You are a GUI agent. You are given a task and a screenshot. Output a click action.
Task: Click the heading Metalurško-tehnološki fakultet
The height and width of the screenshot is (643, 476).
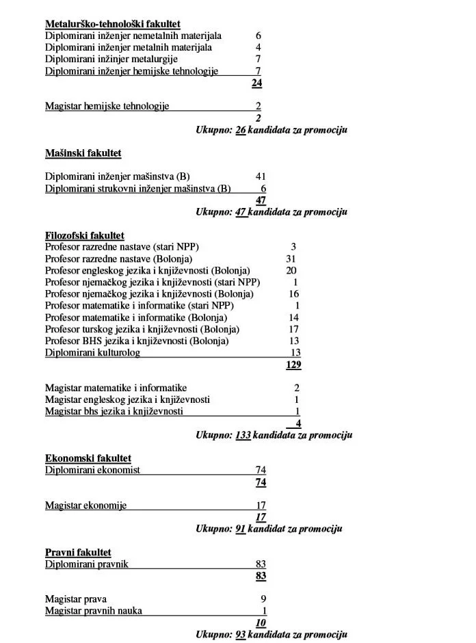tap(113, 24)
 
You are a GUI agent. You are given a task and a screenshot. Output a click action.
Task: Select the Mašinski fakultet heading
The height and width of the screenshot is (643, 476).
tap(83, 153)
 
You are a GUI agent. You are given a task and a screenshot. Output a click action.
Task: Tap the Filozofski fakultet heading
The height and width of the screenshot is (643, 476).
tap(85, 235)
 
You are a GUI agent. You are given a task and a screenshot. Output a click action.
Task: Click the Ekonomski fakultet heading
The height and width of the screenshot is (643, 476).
tap(88, 458)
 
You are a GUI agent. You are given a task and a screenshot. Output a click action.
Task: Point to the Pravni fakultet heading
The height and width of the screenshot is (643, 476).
tap(78, 552)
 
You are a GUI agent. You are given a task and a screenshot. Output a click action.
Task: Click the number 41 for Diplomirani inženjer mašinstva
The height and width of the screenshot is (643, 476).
tap(261, 176)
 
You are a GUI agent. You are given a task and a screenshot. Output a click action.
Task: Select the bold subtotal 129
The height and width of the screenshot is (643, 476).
tap(293, 365)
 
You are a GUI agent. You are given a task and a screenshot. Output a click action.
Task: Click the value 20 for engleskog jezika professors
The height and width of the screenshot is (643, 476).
tap(291, 271)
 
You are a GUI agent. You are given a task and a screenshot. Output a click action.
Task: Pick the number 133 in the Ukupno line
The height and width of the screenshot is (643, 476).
tap(243, 435)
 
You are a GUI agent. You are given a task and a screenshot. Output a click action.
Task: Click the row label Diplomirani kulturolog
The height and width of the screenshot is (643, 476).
tap(92, 353)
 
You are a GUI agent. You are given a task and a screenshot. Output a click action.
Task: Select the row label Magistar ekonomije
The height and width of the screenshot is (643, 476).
tap(85, 506)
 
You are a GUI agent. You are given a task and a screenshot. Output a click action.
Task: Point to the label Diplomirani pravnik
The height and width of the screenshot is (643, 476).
tap(87, 564)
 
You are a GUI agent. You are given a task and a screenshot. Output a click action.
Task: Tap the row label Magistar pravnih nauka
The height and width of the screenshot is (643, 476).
tap(94, 611)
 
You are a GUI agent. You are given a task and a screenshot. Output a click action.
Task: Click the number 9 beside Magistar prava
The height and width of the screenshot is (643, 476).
tap(263, 599)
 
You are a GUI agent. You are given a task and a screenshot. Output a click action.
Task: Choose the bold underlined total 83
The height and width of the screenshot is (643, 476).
tap(261, 576)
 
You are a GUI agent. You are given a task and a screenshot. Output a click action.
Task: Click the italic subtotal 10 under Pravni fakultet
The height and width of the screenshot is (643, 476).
tap(261, 622)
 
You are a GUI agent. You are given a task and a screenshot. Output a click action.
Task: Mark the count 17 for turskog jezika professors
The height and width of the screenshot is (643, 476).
tap(294, 330)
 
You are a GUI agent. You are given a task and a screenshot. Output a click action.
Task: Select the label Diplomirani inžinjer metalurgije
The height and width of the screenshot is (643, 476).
tap(111, 59)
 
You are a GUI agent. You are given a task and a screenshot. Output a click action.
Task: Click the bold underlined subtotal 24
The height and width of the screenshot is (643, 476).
tap(257, 83)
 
